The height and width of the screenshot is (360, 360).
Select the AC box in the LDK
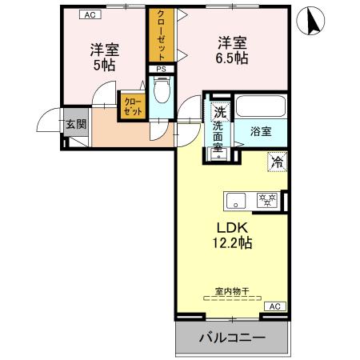tap(273, 306)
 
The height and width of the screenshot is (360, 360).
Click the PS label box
tap(161, 69)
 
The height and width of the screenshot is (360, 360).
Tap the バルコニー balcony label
tap(231, 338)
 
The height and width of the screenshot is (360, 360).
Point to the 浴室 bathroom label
tap(261, 131)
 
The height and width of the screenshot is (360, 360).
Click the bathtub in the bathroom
tap(261, 107)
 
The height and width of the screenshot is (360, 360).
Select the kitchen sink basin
tap(237, 199)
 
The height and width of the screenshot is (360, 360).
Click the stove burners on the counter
tap(266, 199)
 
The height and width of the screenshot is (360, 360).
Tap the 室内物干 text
tap(230, 290)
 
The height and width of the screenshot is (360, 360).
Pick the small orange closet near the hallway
tap(132, 107)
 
